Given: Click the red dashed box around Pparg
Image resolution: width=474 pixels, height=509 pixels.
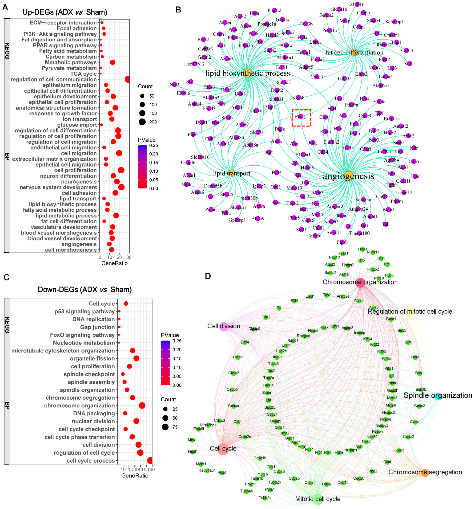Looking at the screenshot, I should (x=301, y=118).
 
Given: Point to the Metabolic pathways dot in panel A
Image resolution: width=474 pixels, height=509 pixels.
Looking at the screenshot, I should (x=112, y=62).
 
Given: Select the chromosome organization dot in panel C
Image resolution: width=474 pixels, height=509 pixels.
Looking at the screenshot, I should (x=142, y=405).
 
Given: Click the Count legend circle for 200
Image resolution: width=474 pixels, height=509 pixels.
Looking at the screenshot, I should (x=142, y=122).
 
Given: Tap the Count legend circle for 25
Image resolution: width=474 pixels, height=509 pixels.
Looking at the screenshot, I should (x=165, y=409).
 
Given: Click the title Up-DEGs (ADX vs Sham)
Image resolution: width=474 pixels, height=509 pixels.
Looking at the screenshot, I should (x=65, y=12).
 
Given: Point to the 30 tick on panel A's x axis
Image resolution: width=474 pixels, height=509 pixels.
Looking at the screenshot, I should (x=129, y=257).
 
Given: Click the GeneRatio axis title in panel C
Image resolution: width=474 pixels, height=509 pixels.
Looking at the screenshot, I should (x=135, y=476).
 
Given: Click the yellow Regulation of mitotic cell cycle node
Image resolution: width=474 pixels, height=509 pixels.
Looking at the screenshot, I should (x=410, y=312).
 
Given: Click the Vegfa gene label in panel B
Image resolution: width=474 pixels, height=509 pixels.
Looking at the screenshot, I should (x=379, y=102).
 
